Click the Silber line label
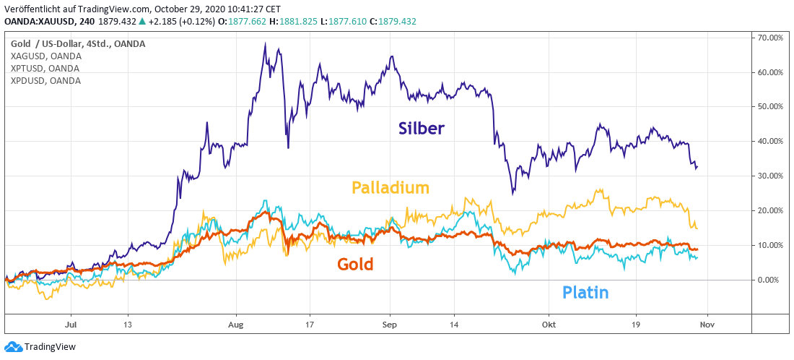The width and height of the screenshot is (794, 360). tap(421, 129)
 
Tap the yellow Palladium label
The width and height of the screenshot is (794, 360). tap(391, 188)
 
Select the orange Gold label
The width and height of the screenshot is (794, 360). tap(355, 265)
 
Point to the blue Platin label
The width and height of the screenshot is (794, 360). tap(585, 293)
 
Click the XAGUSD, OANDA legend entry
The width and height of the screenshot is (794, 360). tap(45, 56)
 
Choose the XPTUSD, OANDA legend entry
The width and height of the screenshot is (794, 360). tap(45, 68)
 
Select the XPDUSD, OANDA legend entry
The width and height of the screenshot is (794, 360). tap(45, 80)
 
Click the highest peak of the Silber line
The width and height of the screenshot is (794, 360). tap(266, 43)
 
